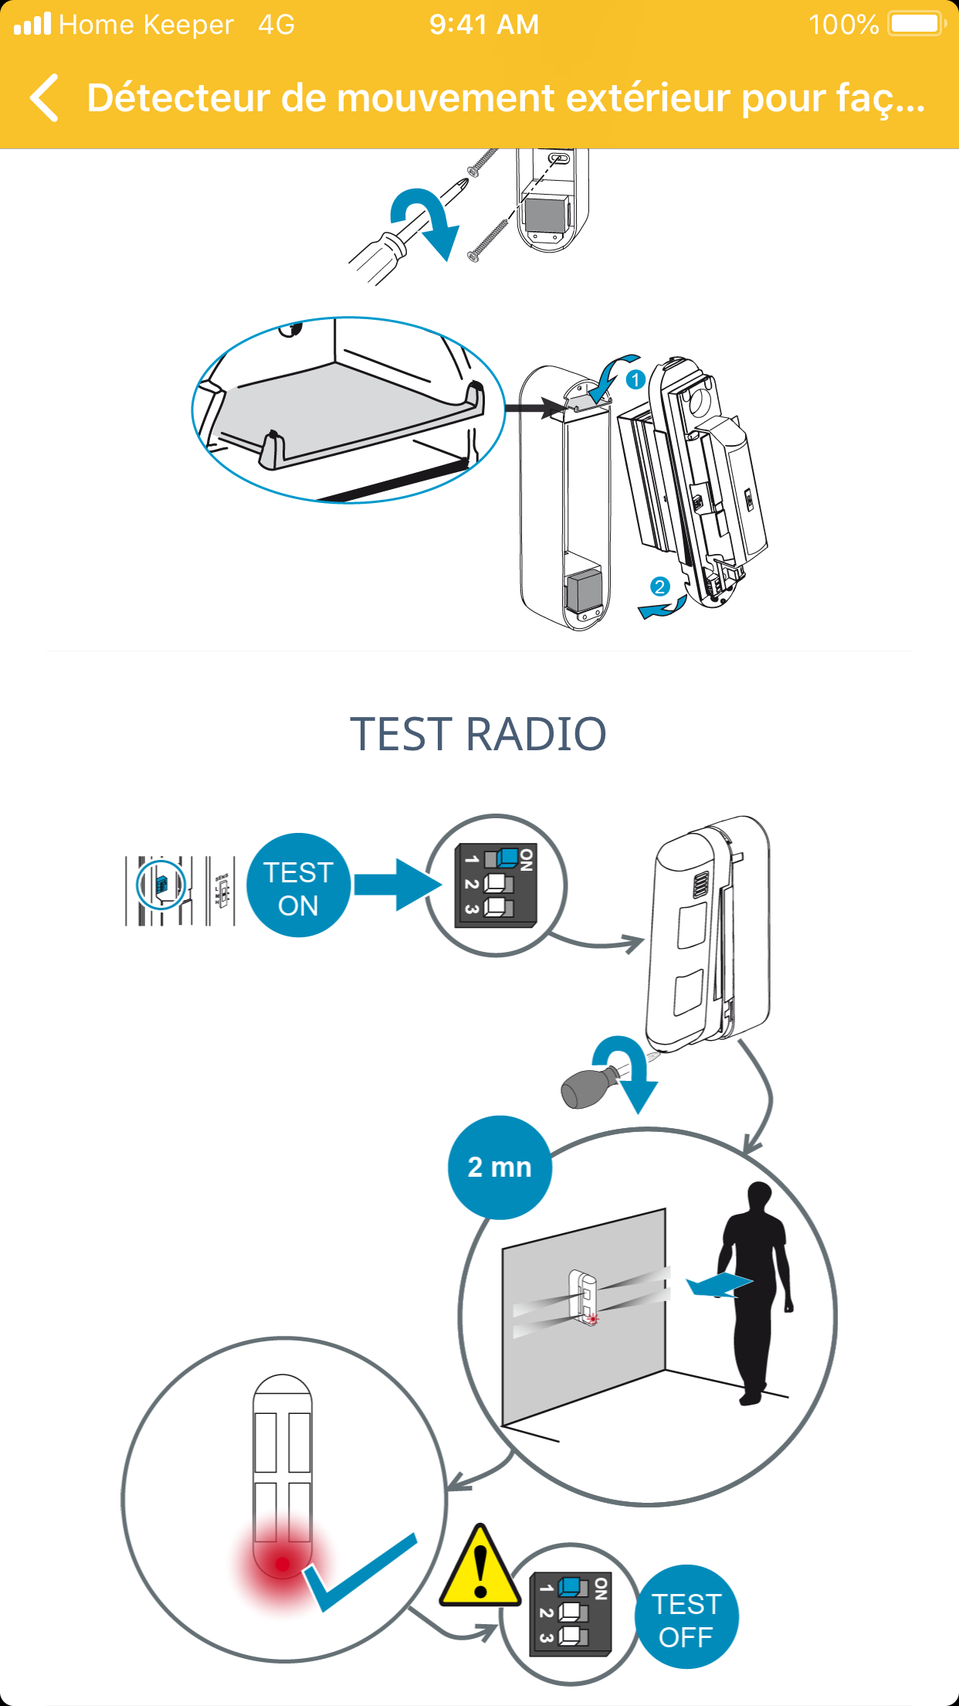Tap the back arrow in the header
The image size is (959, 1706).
pyautogui.click(x=45, y=98)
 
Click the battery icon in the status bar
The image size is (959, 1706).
pyautogui.click(x=916, y=24)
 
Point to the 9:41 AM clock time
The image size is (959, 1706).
pyautogui.click(x=484, y=25)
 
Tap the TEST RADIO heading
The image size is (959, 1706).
pyautogui.click(x=479, y=734)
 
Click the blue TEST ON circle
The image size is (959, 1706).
pyautogui.click(x=298, y=885)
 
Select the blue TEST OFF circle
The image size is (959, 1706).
pyautogui.click(x=686, y=1618)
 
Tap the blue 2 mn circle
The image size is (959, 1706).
pyautogui.click(x=500, y=1167)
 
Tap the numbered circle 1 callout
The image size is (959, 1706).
pyautogui.click(x=635, y=379)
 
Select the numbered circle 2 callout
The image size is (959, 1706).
pyautogui.click(x=659, y=586)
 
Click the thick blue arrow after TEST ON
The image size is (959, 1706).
pyautogui.click(x=397, y=885)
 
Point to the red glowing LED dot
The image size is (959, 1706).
pyautogui.click(x=283, y=1564)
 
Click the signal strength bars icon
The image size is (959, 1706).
pyautogui.click(x=32, y=24)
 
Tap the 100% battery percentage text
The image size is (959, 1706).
pyautogui.click(x=843, y=25)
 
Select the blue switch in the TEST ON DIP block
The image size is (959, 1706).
pyautogui.click(x=507, y=857)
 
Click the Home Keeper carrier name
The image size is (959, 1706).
pyautogui.click(x=146, y=25)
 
